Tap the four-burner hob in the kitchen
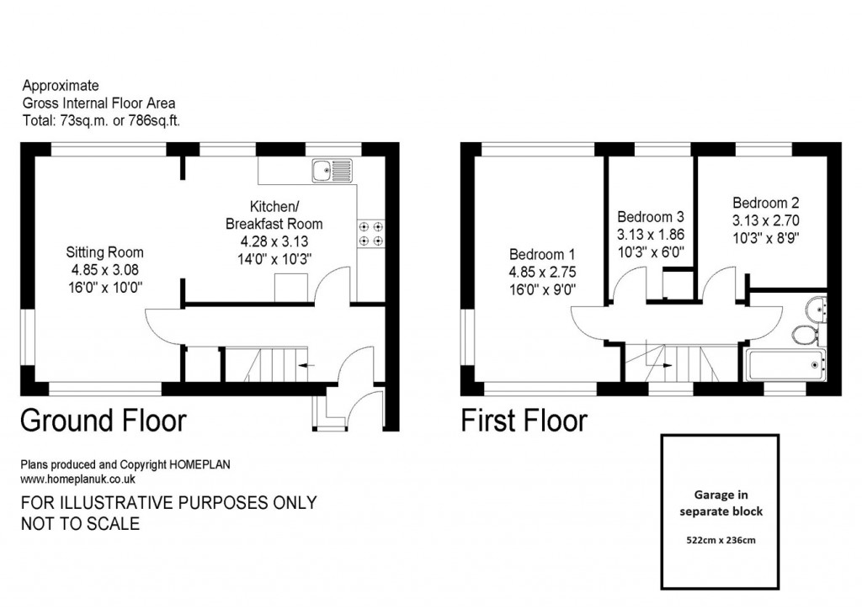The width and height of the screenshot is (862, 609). pyautogui.click(x=371, y=233)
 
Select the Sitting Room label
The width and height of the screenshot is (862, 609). pyautogui.click(x=105, y=252)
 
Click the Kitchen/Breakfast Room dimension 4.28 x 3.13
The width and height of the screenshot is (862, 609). pyautogui.click(x=274, y=241)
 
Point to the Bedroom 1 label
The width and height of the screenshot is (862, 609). pyautogui.click(x=542, y=255)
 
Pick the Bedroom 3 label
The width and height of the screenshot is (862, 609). pyautogui.click(x=651, y=217)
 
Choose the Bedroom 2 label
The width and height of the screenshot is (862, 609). pyautogui.click(x=765, y=203)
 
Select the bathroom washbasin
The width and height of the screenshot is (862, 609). pyautogui.click(x=816, y=308)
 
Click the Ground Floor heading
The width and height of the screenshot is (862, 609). pyautogui.click(x=103, y=420)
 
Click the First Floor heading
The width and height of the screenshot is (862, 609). pyautogui.click(x=524, y=420)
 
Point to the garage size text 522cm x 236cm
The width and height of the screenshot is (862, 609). pyautogui.click(x=720, y=539)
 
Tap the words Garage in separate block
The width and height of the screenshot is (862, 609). pyautogui.click(x=720, y=503)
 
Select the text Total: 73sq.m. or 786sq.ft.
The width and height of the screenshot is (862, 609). pyautogui.click(x=101, y=120)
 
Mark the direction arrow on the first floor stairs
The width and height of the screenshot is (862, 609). pyautogui.click(x=665, y=365)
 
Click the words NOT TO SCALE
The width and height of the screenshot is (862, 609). pyautogui.click(x=80, y=524)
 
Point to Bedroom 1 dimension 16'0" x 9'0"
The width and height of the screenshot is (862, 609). pyautogui.click(x=542, y=288)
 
